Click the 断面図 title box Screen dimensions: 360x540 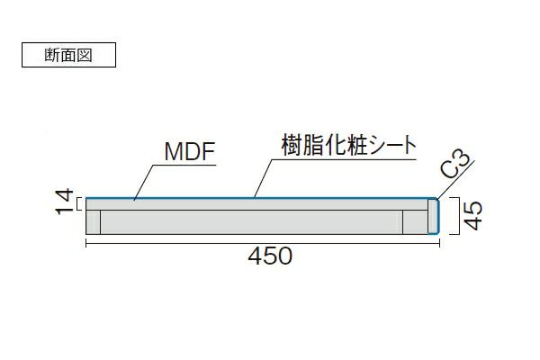click(x=67, y=54)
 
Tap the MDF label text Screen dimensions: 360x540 click(x=189, y=152)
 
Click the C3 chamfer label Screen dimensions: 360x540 click(x=455, y=166)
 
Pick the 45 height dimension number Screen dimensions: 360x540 click(x=473, y=216)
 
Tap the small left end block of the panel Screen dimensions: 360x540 click(x=93, y=221)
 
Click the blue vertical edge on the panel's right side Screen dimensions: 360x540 click(x=437, y=216)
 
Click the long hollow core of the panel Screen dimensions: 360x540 click(x=252, y=221)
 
